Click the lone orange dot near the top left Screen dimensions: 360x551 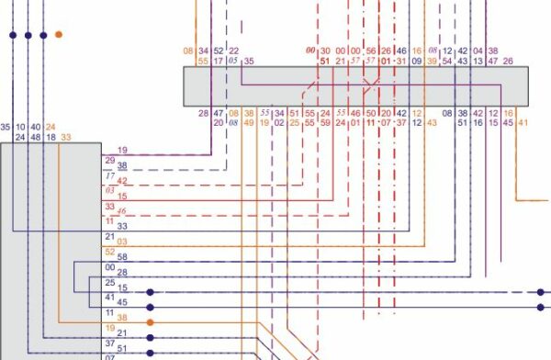click(x=59, y=35)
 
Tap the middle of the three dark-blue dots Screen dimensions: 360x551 click(x=28, y=35)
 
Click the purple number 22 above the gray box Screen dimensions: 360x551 click(x=233, y=51)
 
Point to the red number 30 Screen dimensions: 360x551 click(x=324, y=51)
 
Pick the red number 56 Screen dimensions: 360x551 click(x=371, y=51)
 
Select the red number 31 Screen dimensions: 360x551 click(x=401, y=62)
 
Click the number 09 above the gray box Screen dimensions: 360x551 click(x=416, y=62)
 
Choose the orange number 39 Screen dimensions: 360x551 click(x=432, y=62)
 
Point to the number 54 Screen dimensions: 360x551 click(x=447, y=62)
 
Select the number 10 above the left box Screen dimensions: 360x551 click(x=21, y=127)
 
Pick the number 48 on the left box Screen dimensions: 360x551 click(x=36, y=138)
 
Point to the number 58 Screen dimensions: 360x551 click(x=122, y=258)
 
